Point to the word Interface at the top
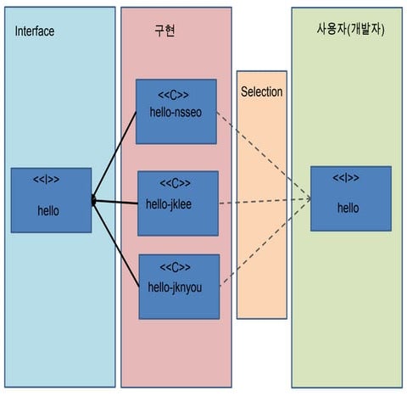click(x=35, y=31)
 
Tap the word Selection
click(x=261, y=92)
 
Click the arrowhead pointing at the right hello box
click(x=307, y=199)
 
